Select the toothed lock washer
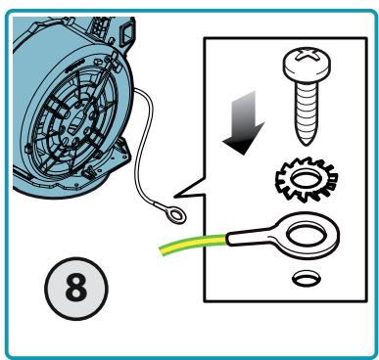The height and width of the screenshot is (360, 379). pos(307,179)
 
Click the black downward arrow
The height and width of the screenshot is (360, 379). pos(243,124)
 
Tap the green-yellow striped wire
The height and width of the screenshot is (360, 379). pos(193,245)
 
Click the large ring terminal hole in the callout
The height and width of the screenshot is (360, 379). pos(307,236)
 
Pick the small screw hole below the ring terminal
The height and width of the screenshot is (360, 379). pos(306,279)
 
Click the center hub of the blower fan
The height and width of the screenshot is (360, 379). pos(76,122)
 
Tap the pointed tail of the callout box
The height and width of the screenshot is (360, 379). pos(175,196)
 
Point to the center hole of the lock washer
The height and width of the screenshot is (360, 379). pos(307,179)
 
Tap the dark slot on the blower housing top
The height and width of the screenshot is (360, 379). pos(75,67)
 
